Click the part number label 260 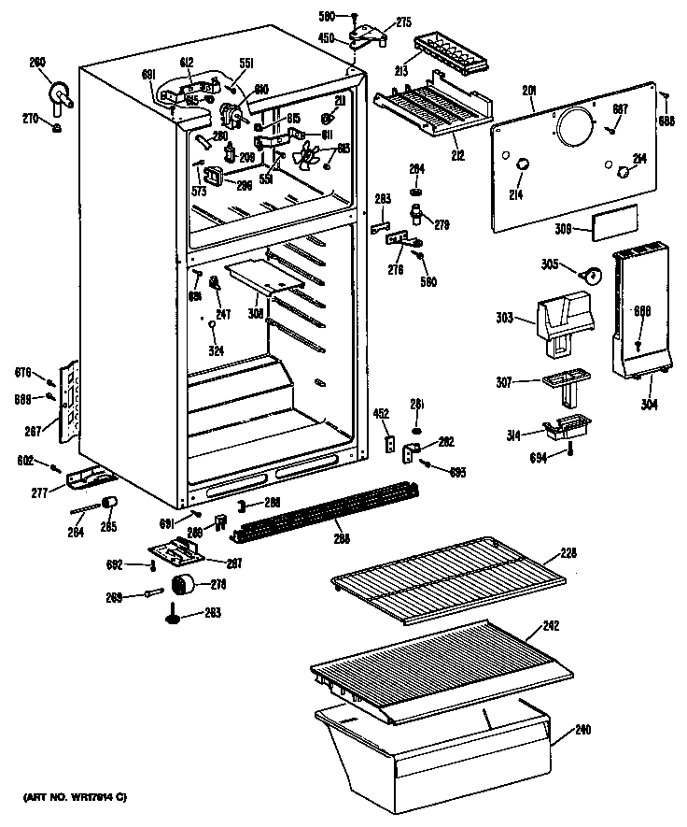click(x=37, y=63)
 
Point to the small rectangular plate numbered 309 click(x=615, y=221)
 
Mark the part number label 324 click(x=216, y=351)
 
